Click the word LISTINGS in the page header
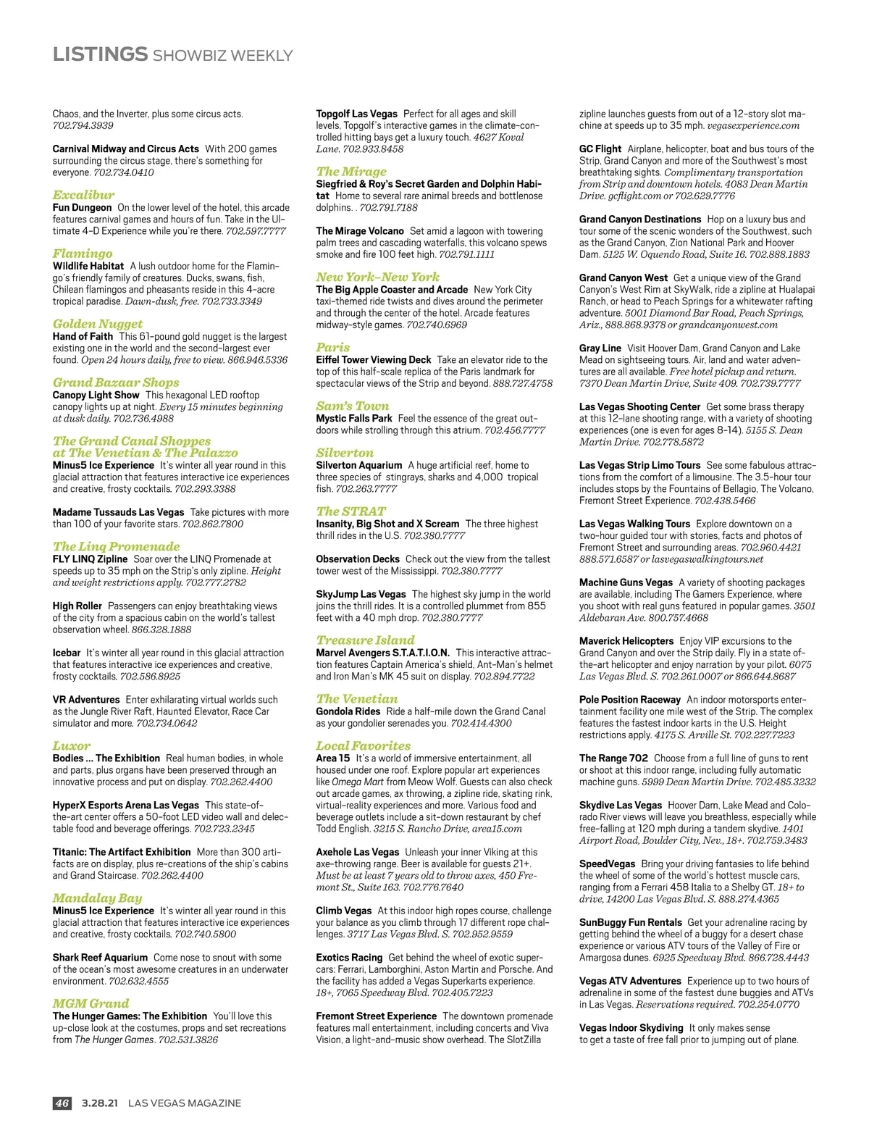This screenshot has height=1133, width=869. click(100, 54)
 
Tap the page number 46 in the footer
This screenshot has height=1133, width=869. click(62, 1103)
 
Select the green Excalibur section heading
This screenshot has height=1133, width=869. click(83, 195)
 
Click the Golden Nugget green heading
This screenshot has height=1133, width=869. click(98, 324)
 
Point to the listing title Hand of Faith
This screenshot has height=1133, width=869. click(83, 336)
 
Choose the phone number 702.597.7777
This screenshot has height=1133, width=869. click(256, 231)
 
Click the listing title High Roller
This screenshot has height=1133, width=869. click(77, 606)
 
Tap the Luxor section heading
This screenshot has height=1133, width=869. click(72, 745)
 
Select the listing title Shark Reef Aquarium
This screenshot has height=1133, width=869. click(100, 957)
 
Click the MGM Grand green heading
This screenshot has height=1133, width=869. click(91, 1003)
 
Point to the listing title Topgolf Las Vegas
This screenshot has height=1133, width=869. click(356, 114)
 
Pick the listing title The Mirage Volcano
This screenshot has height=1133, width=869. click(360, 231)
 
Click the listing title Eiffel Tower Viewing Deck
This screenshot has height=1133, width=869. click(373, 359)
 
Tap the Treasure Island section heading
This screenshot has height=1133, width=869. click(365, 640)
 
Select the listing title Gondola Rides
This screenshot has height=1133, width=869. click(348, 711)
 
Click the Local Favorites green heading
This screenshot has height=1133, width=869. click(363, 745)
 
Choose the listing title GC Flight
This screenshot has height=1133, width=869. click(600, 149)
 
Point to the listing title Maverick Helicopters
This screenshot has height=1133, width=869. click(626, 640)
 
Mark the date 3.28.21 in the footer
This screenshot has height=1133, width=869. click(99, 1103)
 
